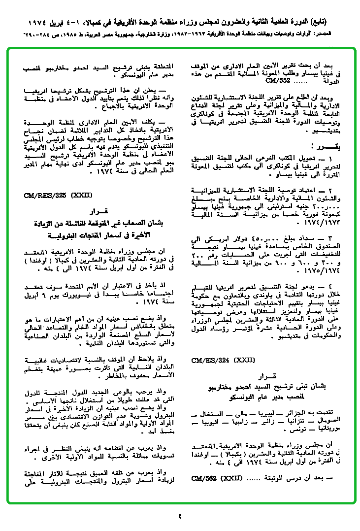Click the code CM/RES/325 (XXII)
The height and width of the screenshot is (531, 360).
pyautogui.click(x=58, y=196)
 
